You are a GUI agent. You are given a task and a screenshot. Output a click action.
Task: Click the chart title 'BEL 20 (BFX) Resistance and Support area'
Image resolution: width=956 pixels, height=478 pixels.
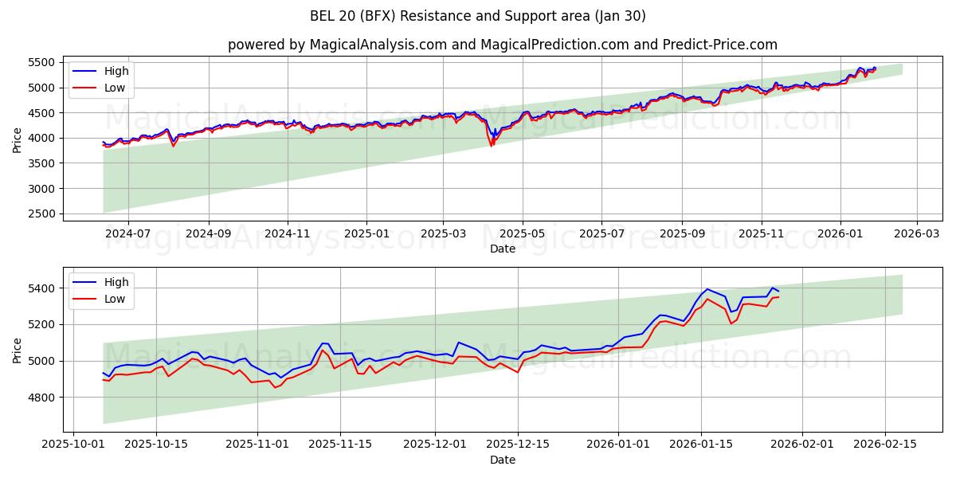click(x=478, y=16)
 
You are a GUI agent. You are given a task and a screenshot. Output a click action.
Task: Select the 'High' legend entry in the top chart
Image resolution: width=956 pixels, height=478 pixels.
click(x=116, y=71)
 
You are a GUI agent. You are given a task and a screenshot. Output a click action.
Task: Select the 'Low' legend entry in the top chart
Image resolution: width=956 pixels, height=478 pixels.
click(x=115, y=88)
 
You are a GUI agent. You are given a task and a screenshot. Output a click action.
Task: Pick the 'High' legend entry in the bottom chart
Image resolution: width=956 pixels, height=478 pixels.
click(x=116, y=282)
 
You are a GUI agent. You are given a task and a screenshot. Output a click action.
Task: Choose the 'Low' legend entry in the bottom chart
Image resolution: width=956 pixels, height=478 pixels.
click(x=115, y=299)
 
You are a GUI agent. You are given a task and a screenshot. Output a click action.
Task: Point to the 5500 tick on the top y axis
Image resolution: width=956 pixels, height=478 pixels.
click(x=41, y=62)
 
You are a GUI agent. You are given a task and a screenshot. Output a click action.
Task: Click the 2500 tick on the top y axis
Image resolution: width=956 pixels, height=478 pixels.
click(x=41, y=214)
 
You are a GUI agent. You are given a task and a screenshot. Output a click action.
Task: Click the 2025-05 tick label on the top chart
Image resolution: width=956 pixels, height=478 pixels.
click(x=523, y=233)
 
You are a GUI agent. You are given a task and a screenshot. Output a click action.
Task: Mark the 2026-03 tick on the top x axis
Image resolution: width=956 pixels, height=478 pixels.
click(x=916, y=233)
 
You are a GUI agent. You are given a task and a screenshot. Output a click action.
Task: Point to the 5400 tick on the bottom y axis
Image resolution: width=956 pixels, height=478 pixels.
click(x=41, y=288)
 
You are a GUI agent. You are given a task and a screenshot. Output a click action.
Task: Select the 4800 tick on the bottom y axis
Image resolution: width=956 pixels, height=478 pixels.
click(x=41, y=397)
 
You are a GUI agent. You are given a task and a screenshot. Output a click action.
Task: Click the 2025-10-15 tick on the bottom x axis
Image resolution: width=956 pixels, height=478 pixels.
click(x=156, y=445)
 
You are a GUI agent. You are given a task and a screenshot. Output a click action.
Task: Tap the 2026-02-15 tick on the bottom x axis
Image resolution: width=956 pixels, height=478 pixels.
click(x=885, y=445)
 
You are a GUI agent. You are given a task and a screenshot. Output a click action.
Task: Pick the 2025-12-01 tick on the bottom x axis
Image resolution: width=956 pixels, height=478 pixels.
click(x=435, y=445)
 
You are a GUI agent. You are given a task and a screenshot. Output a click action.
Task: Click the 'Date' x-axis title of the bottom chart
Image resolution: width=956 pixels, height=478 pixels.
click(x=502, y=460)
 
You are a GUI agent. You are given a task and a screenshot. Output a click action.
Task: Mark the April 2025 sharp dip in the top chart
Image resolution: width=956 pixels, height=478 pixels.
click(x=492, y=144)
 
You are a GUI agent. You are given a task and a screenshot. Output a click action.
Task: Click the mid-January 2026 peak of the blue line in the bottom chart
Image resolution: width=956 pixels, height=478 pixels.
click(x=707, y=289)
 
